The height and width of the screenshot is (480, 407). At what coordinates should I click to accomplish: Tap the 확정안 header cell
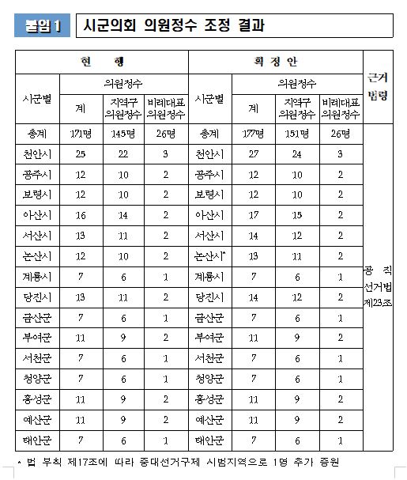pos(275,62)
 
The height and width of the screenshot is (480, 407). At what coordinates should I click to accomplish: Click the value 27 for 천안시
pos(253,154)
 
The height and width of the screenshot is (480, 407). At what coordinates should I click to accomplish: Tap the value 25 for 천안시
pos(81,154)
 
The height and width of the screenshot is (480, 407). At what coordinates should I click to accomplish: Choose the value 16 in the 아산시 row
pos(81,214)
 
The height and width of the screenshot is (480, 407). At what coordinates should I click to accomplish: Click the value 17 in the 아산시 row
pos(253,214)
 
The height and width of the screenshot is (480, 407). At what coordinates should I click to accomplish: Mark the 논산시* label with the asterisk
pos(211,255)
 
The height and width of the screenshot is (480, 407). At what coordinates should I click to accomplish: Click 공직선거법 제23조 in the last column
pos(383,285)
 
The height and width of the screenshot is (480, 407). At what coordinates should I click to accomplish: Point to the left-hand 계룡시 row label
pos(38,276)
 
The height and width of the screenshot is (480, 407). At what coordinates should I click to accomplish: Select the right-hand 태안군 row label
pos(209,439)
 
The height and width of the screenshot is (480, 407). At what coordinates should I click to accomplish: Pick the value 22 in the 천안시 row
pos(125,154)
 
